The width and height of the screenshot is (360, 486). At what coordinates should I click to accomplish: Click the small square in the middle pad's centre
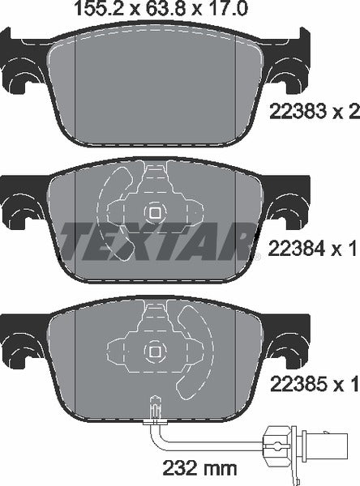click(153, 213)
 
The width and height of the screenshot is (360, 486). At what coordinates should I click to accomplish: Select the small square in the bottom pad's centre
click(153, 351)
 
